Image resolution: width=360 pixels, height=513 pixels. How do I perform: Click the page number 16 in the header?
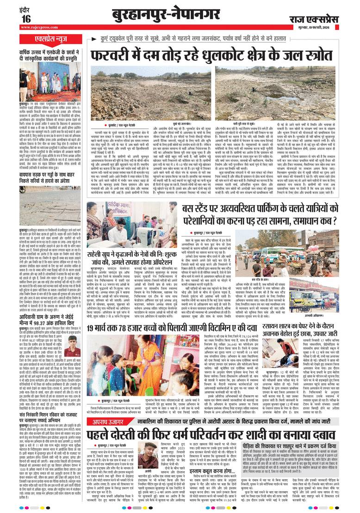tap(25, 18)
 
